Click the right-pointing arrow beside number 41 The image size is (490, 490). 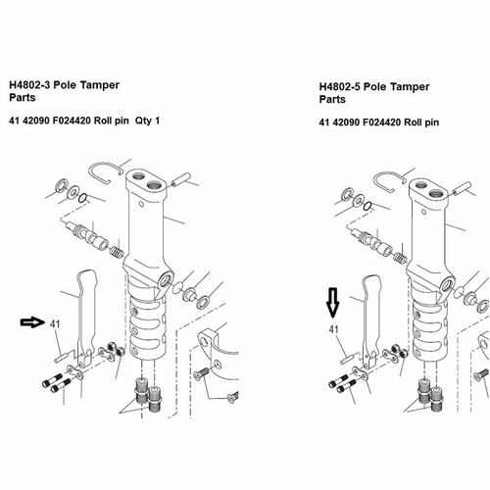(32, 322)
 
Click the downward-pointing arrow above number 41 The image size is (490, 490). (333, 303)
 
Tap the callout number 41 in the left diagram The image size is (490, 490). (55, 324)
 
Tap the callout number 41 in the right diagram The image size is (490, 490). (333, 329)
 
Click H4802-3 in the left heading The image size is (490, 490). (29, 85)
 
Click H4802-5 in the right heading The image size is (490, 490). (340, 87)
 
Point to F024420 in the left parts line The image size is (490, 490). (72, 121)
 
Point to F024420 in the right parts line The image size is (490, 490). (382, 122)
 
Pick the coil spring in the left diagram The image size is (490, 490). (116, 252)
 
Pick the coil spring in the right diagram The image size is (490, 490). (400, 258)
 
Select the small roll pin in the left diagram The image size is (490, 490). (61, 357)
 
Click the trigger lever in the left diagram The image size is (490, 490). (87, 314)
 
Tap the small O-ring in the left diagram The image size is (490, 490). (83, 198)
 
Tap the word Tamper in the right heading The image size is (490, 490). (410, 87)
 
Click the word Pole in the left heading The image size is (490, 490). (65, 85)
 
